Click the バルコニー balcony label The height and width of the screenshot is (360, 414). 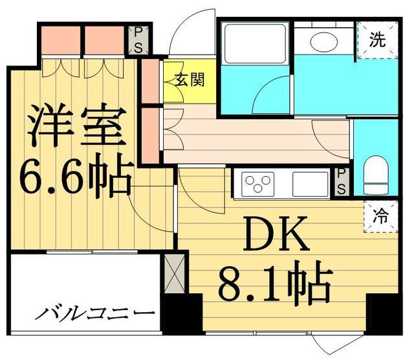(94, 315)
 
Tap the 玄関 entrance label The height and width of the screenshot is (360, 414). (190, 80)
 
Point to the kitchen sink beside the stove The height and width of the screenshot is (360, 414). (311, 183)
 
